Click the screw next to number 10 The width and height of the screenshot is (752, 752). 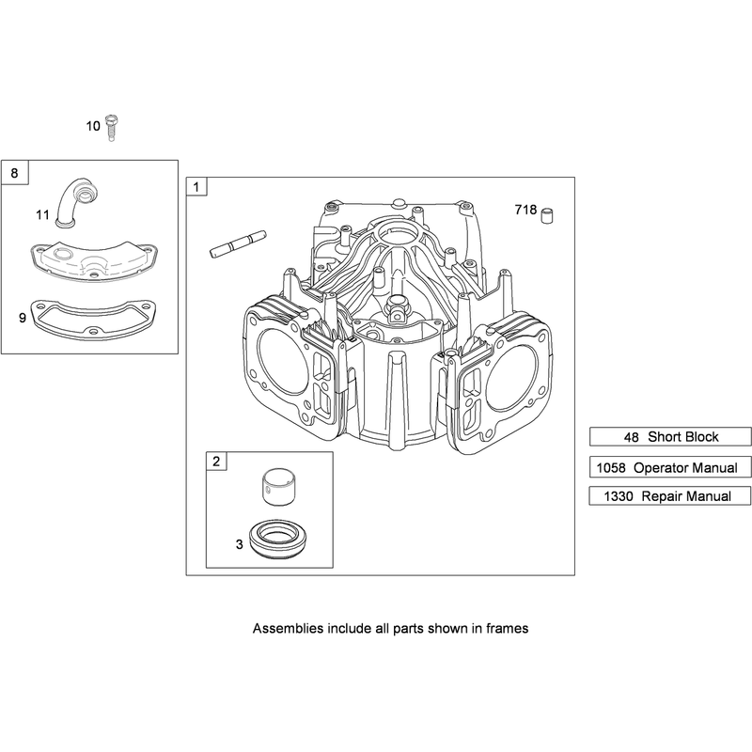(x=112, y=128)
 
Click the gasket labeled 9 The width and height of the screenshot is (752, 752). (x=94, y=320)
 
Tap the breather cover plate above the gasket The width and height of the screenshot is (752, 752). (x=94, y=261)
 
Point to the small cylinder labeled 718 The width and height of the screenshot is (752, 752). (x=547, y=215)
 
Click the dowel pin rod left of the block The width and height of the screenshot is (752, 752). (x=238, y=243)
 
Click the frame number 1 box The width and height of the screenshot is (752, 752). (x=196, y=186)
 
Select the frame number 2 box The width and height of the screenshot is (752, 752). (x=216, y=462)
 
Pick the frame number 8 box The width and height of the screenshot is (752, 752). (x=15, y=172)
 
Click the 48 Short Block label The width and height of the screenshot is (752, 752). (x=670, y=437)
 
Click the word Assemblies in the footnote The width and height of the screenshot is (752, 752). (x=289, y=628)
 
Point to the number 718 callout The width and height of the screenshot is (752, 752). (x=525, y=210)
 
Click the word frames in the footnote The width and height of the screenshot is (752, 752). (x=508, y=628)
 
